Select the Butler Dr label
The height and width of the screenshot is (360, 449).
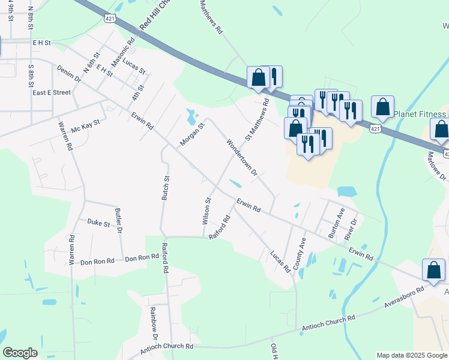coord(119,221)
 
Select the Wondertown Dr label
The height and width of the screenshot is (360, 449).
coord(241,158)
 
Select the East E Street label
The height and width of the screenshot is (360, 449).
coord(52,93)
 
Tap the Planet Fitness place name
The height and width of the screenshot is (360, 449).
coord(421,113)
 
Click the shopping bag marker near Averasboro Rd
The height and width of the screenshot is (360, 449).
coord(433,271)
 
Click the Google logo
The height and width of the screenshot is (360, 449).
coord(20,353)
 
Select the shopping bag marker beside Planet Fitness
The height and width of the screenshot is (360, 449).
coord(382,107)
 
